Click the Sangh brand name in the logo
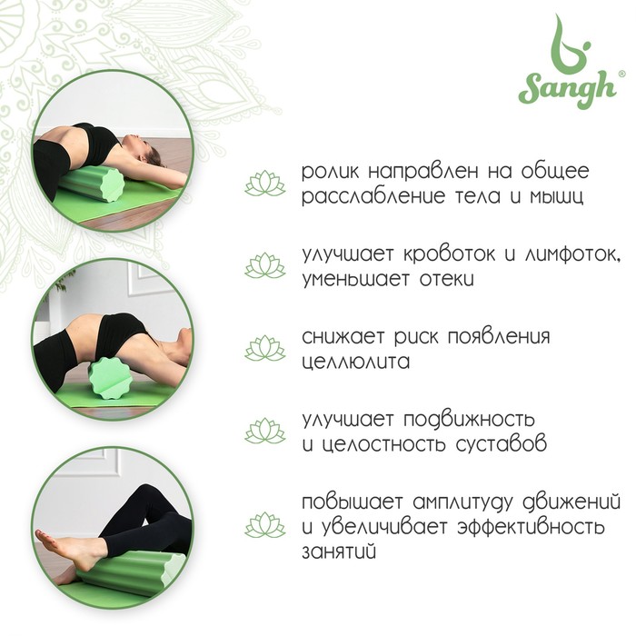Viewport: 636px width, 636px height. coord(567,89)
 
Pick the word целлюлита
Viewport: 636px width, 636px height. coord(356,362)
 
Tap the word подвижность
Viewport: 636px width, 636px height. coord(470,420)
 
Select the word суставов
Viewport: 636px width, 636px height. coord(501,444)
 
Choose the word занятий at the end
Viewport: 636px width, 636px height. coord(339,552)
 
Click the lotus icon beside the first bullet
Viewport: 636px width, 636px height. coord(265,184)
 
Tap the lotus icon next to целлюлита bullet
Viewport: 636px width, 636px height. coord(265,348)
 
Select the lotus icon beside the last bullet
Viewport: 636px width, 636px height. coord(265,525)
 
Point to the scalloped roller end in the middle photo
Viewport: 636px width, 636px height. coord(110,378)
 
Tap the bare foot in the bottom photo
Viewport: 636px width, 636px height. coord(68,549)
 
